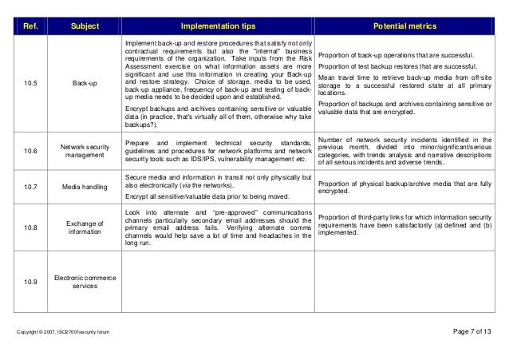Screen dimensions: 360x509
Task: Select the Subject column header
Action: click(85, 26)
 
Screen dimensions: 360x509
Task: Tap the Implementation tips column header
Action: click(218, 26)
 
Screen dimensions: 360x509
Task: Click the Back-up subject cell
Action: click(85, 82)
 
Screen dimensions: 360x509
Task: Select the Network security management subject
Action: click(85, 152)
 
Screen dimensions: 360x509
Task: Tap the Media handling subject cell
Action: click(85, 187)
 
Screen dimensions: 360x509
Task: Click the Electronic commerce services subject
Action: click(85, 282)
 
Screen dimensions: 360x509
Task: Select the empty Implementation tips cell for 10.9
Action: click(218, 282)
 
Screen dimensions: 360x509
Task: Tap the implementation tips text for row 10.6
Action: click(218, 152)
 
